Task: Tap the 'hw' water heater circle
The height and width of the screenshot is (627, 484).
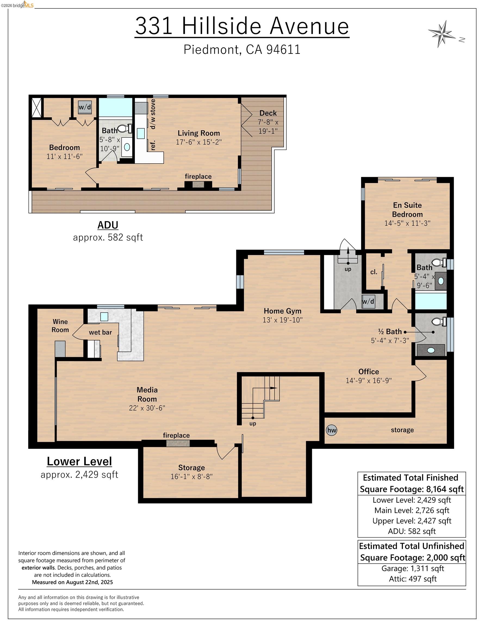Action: [331, 430]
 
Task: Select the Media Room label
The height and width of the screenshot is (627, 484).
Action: [147, 394]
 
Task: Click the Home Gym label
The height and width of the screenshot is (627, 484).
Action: [283, 311]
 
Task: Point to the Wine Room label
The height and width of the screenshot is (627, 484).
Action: [60, 325]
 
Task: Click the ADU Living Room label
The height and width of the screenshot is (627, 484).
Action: [199, 133]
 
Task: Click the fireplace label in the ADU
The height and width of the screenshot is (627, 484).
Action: [198, 176]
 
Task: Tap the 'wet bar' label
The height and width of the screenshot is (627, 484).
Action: [100, 333]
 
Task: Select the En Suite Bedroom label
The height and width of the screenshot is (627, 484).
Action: [407, 210]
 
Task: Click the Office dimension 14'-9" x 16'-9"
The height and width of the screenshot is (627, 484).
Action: [369, 380]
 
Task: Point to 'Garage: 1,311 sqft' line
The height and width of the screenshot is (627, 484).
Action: [412, 568]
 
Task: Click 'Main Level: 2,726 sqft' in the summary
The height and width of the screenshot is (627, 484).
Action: [412, 510]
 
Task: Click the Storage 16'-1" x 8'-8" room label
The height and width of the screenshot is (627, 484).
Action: [192, 472]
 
